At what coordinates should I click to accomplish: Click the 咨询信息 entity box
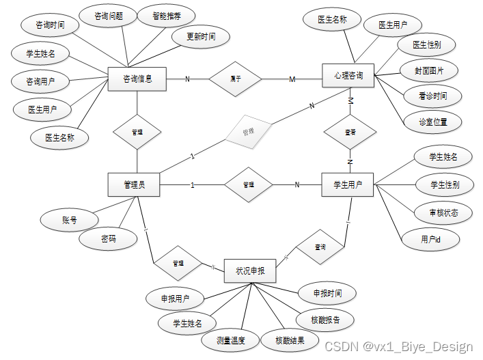tap(137, 79)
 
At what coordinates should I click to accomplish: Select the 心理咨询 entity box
tap(348, 75)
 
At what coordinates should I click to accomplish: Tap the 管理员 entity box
tap(134, 184)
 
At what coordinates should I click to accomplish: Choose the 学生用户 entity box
tap(348, 184)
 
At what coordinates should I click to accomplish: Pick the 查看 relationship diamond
tap(350, 133)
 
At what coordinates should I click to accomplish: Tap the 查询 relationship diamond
tap(320, 247)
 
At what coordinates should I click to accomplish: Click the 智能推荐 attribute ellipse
tap(166, 16)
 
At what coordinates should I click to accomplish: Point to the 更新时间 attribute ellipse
tap(202, 37)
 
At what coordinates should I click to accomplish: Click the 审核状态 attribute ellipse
tap(443, 212)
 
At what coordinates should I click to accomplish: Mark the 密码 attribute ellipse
tap(108, 239)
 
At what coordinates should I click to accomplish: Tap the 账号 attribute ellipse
tap(70, 220)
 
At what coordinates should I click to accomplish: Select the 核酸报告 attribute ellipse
tap(324, 319)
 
